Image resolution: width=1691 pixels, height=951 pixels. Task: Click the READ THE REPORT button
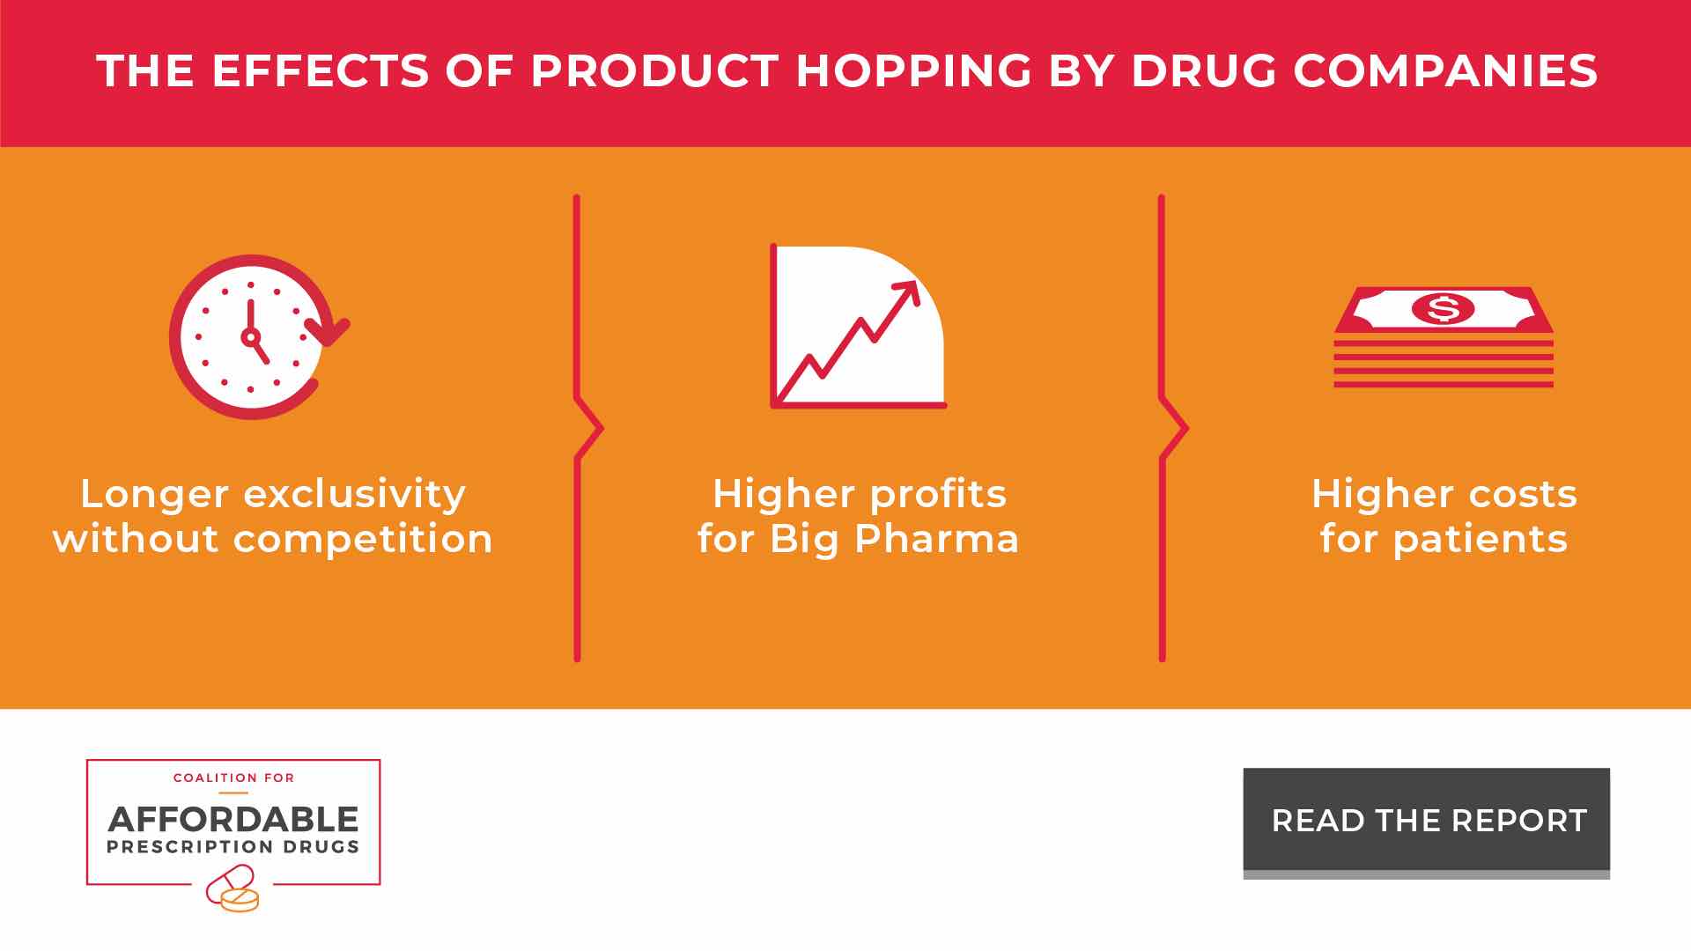pos(1426,821)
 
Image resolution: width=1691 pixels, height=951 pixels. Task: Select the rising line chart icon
pos(858,327)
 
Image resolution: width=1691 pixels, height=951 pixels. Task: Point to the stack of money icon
pos(1444,337)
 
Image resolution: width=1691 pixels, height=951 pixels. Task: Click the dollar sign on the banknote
pos(1443,308)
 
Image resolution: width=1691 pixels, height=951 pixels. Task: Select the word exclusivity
pos(354,494)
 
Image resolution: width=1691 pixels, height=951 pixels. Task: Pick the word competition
pos(363,539)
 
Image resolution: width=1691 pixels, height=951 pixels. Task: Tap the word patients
pos(1481,539)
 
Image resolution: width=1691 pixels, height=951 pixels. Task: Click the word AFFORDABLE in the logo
pos(233,820)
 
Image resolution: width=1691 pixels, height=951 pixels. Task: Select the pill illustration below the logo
pos(233,888)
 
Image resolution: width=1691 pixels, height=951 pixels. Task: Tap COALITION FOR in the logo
pos(234,778)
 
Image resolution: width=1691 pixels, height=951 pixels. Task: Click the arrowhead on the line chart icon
pos(907,294)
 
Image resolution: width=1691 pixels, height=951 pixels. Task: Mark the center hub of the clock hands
pos(251,337)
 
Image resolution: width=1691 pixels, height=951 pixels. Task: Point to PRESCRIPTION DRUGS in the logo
pos(233,847)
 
